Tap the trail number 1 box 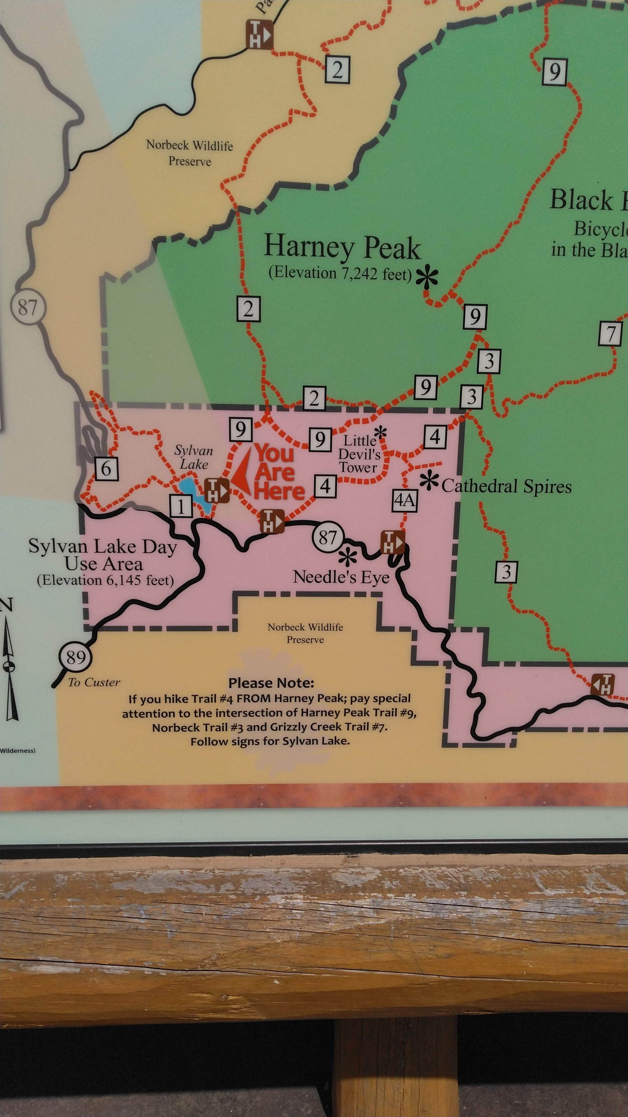pyautogui.click(x=180, y=505)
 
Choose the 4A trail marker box pyautogui.click(x=405, y=501)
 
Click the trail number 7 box pyautogui.click(x=610, y=334)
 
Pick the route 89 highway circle pyautogui.click(x=76, y=657)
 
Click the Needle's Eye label pyautogui.click(x=341, y=577)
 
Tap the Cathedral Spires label pyautogui.click(x=506, y=487)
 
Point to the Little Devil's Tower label pyautogui.click(x=359, y=454)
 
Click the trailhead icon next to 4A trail pyautogui.click(x=392, y=542)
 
